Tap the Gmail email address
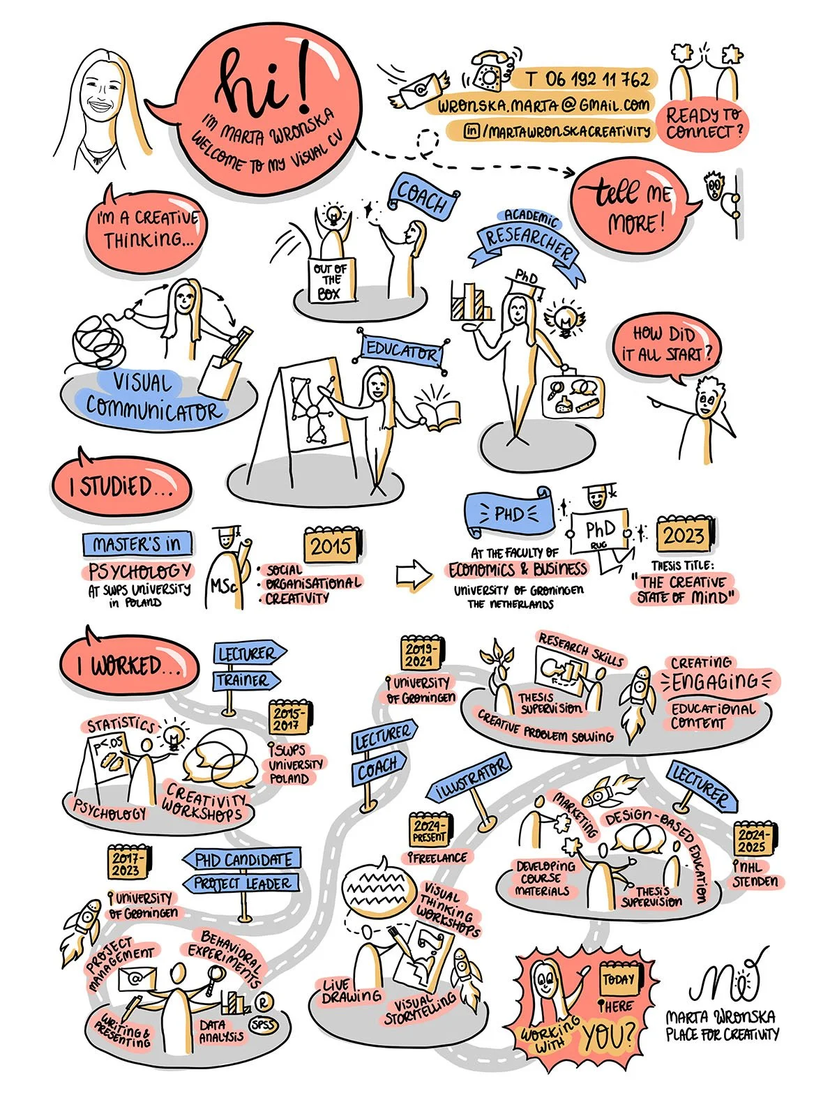[x=545, y=106]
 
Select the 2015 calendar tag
[x=332, y=545]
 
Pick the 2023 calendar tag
[x=683, y=536]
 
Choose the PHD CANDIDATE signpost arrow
[x=242, y=859]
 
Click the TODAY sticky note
[x=618, y=980]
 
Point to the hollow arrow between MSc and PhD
[x=414, y=573]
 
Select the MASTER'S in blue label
[x=137, y=543]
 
